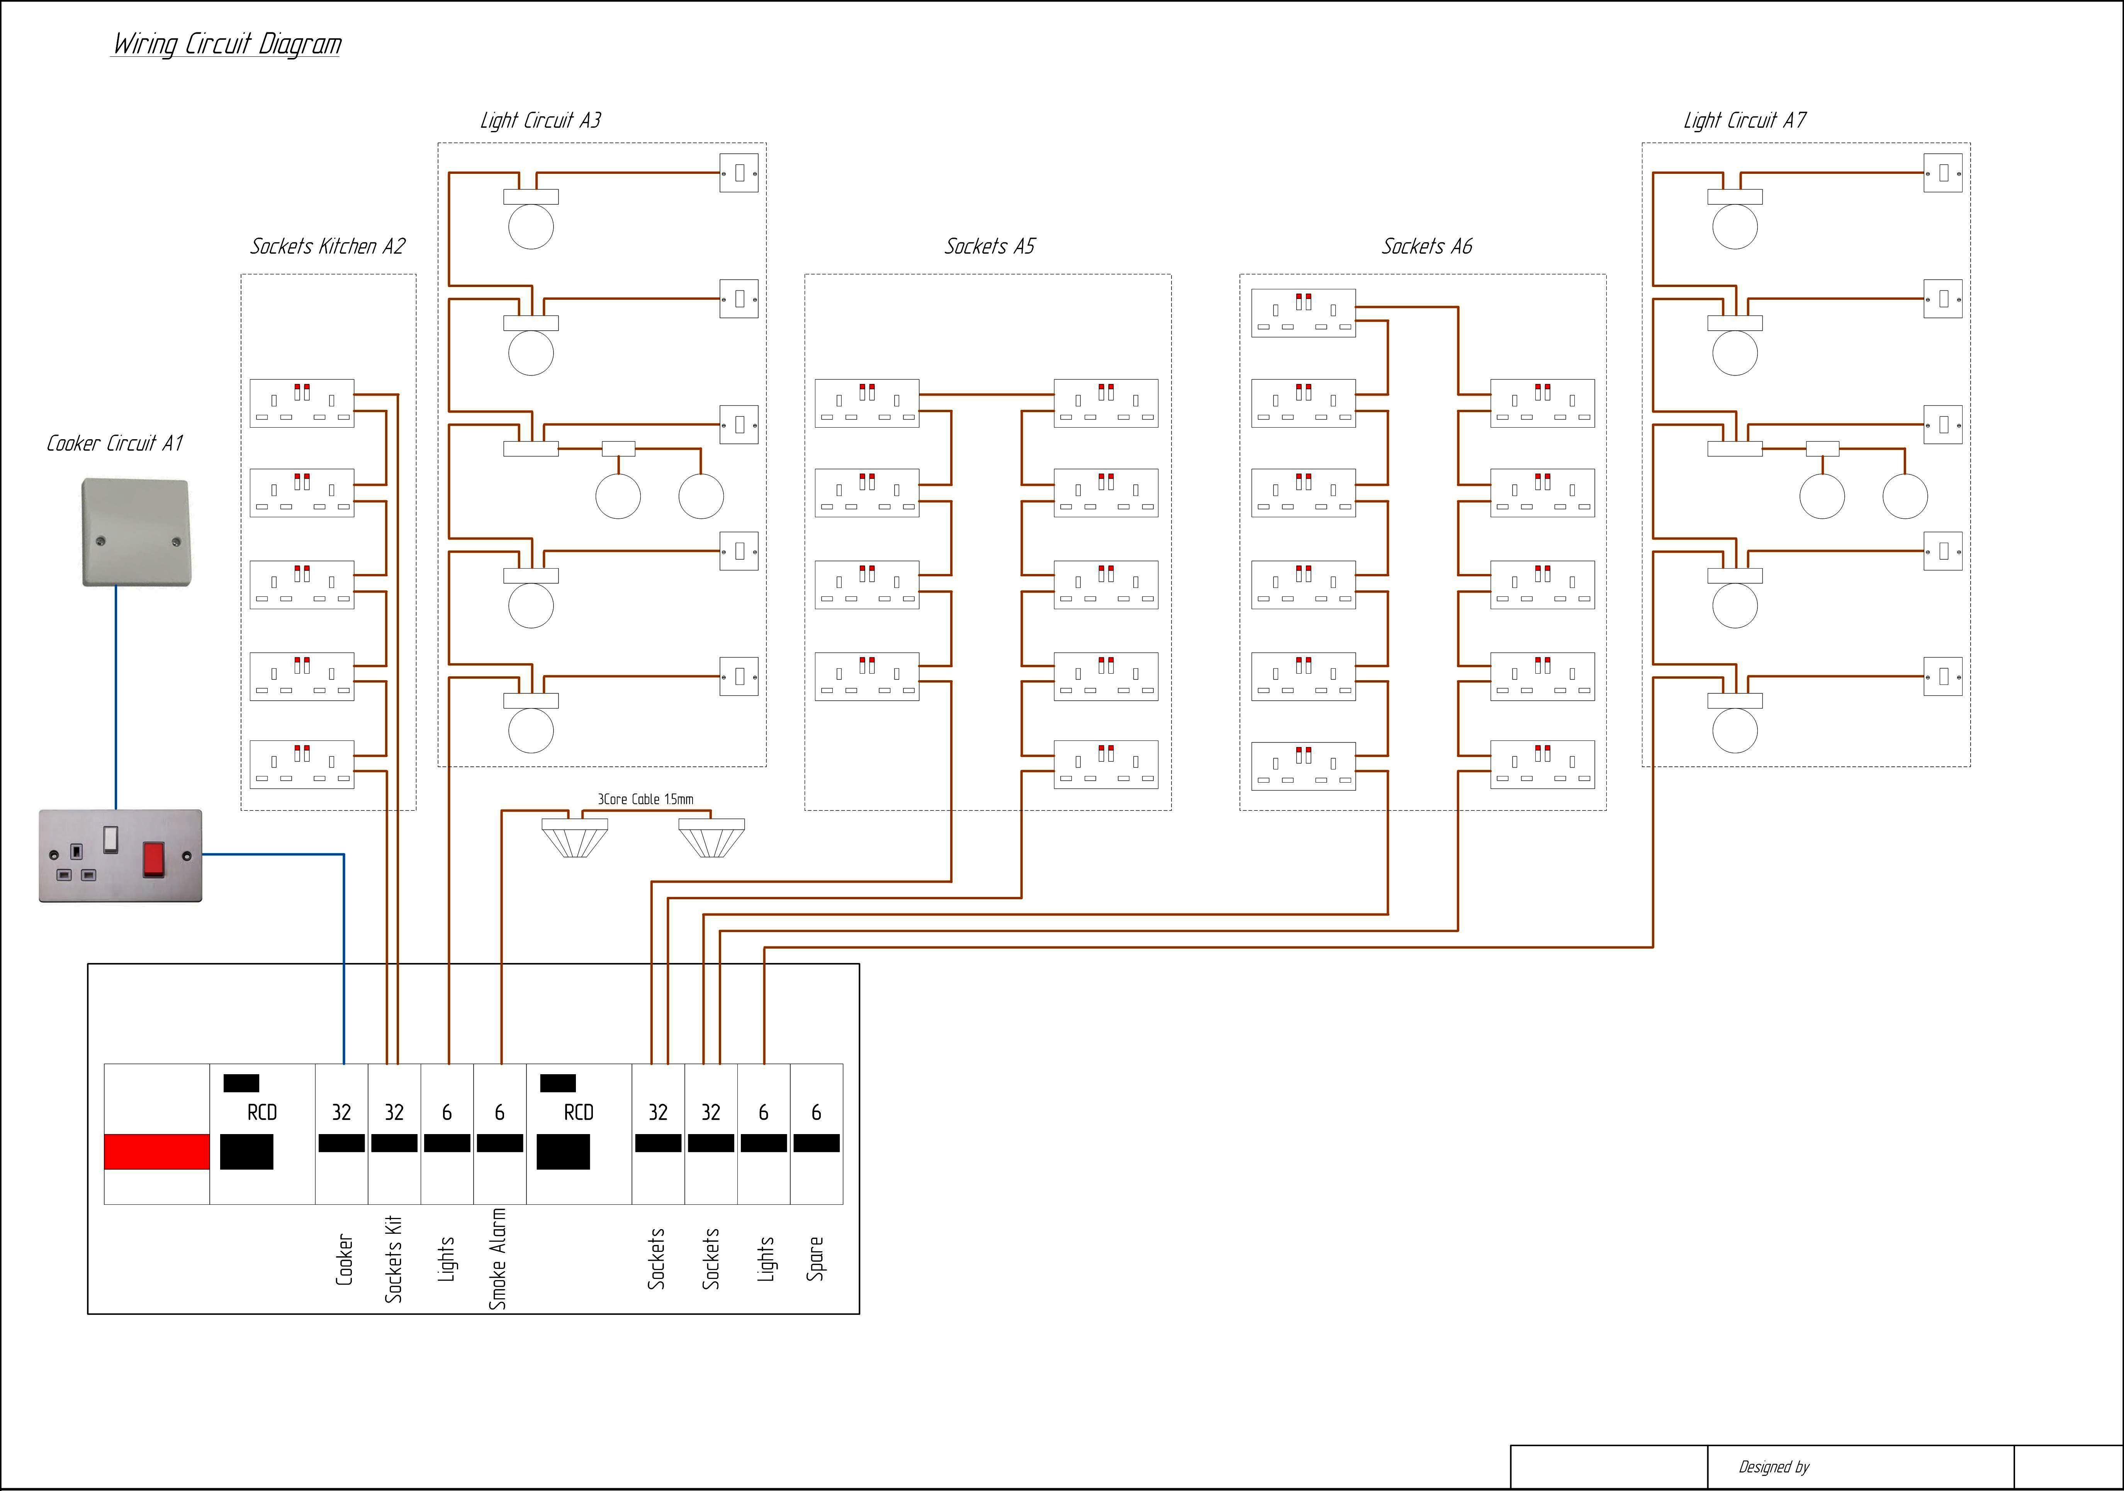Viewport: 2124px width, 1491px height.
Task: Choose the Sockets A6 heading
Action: click(x=1426, y=246)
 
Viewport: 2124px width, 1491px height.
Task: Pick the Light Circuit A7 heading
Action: click(x=1744, y=120)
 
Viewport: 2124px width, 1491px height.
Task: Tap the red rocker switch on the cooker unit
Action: click(x=153, y=858)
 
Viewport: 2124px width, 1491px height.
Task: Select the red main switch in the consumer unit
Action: click(x=156, y=1151)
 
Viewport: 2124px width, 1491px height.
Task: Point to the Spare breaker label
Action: click(x=815, y=1258)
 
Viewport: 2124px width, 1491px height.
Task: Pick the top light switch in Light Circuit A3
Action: click(x=739, y=173)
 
